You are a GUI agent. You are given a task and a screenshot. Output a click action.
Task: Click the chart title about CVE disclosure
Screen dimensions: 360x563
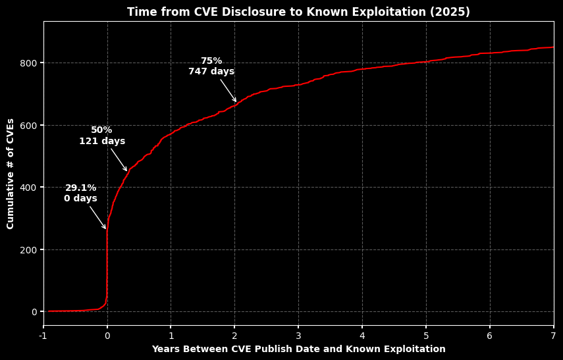coord(298,12)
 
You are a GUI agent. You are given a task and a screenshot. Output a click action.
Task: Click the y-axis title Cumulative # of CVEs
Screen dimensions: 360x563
coord(11,174)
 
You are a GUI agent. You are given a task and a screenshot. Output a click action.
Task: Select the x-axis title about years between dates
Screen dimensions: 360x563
coord(298,349)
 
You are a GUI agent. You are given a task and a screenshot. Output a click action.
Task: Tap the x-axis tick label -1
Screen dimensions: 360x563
coord(43,336)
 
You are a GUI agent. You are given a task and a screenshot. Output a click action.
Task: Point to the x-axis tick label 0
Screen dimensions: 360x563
coord(107,336)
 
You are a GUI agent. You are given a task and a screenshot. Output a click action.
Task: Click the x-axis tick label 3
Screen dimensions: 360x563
coord(298,336)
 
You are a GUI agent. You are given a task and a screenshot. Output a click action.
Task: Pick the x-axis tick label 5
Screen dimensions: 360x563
coord(426,336)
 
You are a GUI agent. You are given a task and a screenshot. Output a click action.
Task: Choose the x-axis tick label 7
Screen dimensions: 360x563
coord(553,336)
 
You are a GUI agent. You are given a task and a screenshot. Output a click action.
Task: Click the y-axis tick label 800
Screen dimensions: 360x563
coord(27,63)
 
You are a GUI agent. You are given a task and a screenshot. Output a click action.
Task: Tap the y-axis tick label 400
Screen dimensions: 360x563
coord(27,188)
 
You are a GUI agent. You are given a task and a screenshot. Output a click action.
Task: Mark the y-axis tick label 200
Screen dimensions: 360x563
coord(27,250)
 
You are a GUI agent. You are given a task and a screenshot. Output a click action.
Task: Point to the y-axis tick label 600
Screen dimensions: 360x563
coord(27,125)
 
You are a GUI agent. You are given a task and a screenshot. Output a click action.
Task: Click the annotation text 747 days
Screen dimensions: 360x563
coord(211,72)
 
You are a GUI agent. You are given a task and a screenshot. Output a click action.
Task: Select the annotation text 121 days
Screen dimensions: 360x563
coord(102,141)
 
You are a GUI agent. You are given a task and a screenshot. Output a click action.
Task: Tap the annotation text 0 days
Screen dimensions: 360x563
coord(80,199)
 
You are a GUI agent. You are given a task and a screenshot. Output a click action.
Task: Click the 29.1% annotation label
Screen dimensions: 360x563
coord(80,188)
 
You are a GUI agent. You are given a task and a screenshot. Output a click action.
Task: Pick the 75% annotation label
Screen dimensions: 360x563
coord(211,61)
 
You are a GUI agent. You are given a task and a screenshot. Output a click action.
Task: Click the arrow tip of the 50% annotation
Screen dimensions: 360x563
coord(127,172)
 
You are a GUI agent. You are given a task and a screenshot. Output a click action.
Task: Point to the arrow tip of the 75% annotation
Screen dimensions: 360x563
coord(236,102)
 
